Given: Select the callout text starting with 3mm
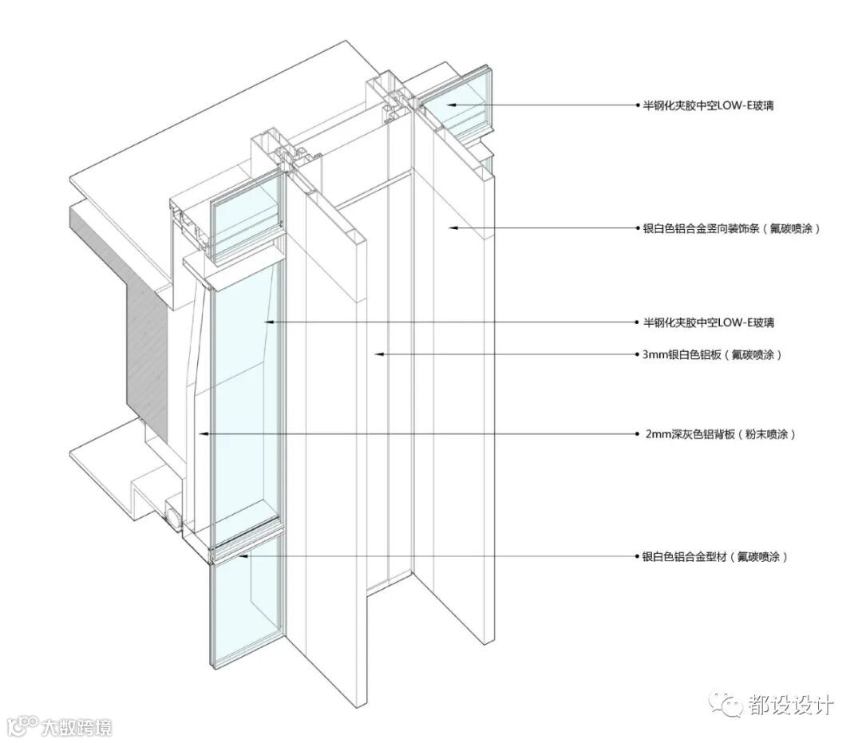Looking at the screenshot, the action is coord(711,354).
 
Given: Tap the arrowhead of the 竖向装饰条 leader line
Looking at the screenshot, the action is coord(450,228).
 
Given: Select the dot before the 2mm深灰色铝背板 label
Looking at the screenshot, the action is coord(637,435).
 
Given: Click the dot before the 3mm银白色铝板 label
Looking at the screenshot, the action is coord(637,354).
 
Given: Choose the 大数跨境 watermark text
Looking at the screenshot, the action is coord(77,727).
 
